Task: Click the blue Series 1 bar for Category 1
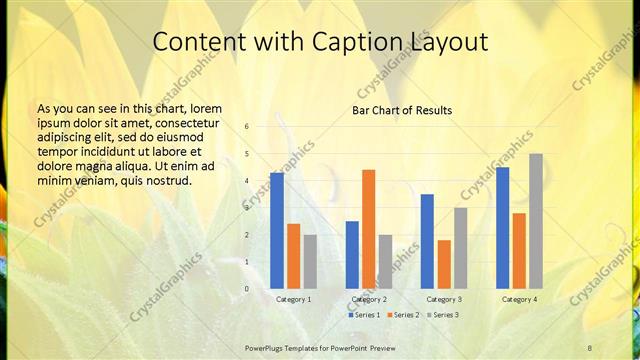pyautogui.click(x=277, y=231)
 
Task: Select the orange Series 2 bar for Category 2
pyautogui.click(x=369, y=229)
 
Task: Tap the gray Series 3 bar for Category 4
pyautogui.click(x=536, y=221)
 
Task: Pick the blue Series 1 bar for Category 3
pyautogui.click(x=427, y=241)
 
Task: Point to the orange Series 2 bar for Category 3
pyautogui.click(x=444, y=264)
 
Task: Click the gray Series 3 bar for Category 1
pyautogui.click(x=310, y=262)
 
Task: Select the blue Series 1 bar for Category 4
pyautogui.click(x=503, y=228)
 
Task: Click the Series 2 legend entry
pyautogui.click(x=404, y=314)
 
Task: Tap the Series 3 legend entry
pyautogui.click(x=442, y=314)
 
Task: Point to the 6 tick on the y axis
pyautogui.click(x=247, y=127)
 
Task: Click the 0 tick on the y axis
pyautogui.click(x=247, y=289)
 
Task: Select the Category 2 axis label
pyautogui.click(x=369, y=299)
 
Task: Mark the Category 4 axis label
pyautogui.click(x=519, y=299)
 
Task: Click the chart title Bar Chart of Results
pyautogui.click(x=402, y=110)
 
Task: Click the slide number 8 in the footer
pyautogui.click(x=590, y=347)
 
